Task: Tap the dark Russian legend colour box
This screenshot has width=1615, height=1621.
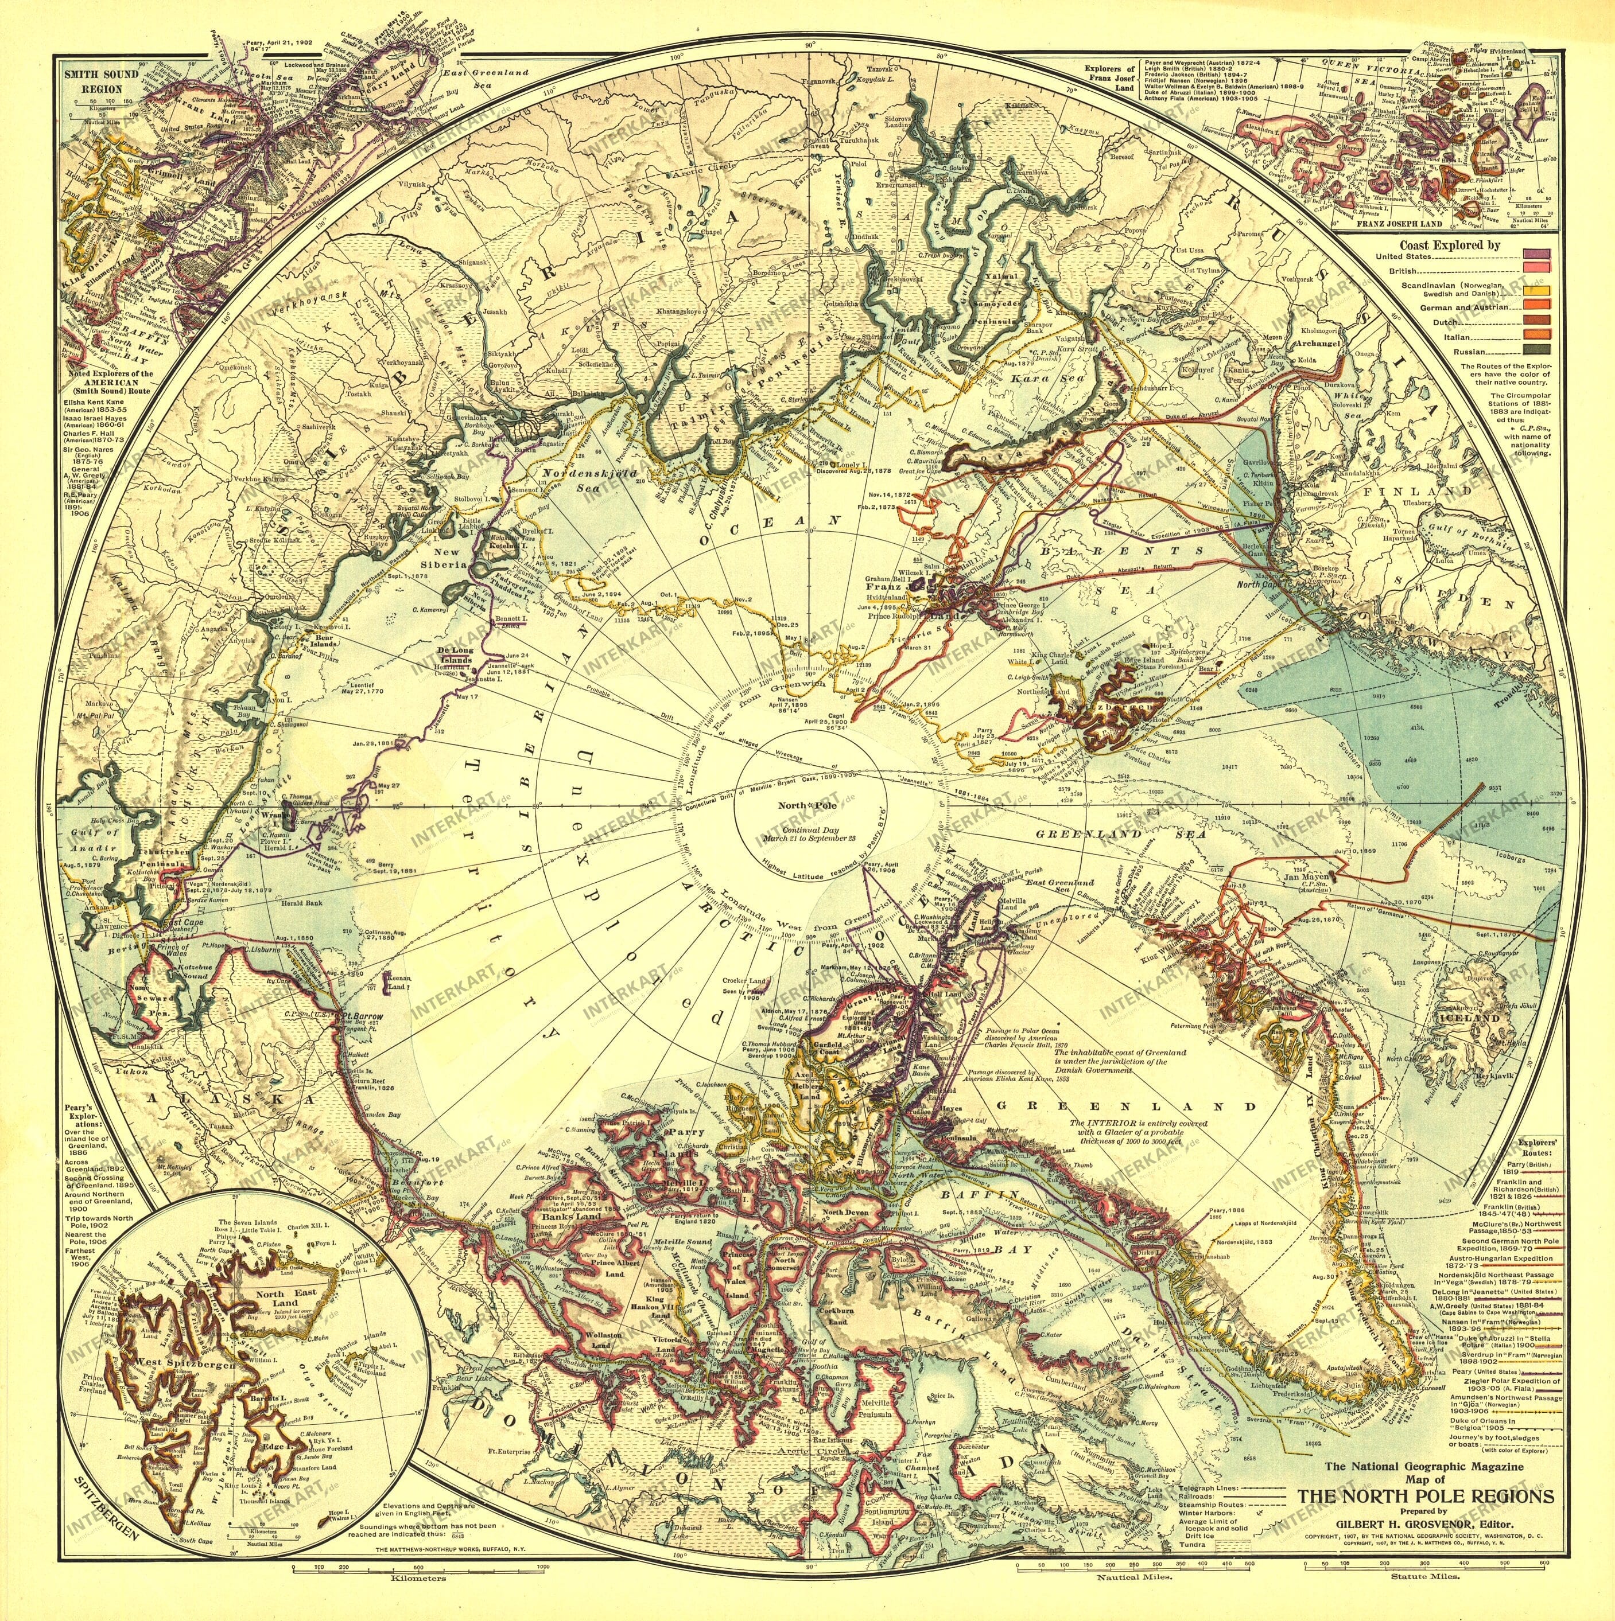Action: [1537, 350]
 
